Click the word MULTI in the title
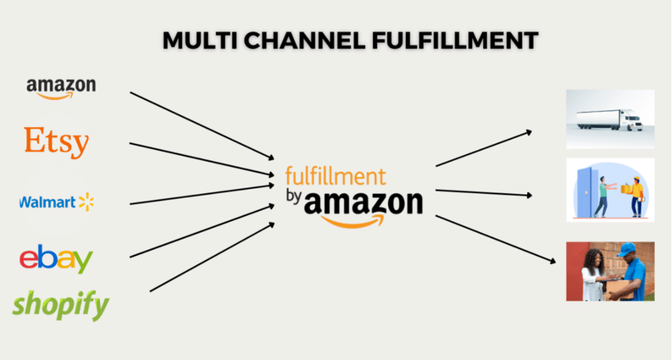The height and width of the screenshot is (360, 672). coord(200,41)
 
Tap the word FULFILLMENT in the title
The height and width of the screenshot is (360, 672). coord(455,41)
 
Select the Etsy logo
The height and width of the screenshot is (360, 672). coord(56,142)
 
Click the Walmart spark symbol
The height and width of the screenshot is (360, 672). coord(85,202)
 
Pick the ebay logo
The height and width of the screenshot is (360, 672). coord(56,258)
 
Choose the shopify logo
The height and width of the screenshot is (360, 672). coord(60,305)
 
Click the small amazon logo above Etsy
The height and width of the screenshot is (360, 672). coord(61,89)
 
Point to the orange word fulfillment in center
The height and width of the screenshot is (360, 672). coord(335,176)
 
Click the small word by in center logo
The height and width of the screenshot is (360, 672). coord(294,196)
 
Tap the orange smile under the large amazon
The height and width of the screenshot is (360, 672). coord(352,221)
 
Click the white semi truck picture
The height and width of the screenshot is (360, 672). coord(610,119)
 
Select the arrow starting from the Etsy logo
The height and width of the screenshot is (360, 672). coord(202,159)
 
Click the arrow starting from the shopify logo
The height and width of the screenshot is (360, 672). coord(212,257)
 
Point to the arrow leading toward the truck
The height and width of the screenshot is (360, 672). coord(484,148)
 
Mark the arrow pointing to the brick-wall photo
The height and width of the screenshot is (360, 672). coord(496,240)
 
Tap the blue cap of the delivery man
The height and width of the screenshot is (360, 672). coord(627,249)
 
